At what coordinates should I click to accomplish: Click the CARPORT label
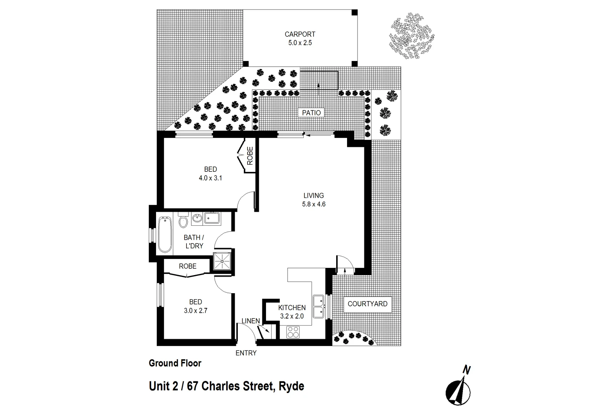300,34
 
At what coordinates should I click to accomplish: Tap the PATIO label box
311,113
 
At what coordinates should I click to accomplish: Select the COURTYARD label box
367,304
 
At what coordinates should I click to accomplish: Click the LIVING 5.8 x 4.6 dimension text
314,204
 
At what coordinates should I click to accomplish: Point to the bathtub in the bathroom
164,234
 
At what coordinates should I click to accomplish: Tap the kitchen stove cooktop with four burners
293,332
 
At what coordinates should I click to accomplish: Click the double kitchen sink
319,306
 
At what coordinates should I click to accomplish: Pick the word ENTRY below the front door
246,353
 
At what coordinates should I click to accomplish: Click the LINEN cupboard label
251,321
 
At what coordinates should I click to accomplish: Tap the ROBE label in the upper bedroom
250,156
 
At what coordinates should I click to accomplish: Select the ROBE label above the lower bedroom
188,266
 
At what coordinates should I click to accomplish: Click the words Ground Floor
175,363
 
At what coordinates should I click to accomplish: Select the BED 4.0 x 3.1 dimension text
210,178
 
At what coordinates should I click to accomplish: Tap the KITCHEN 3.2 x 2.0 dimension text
291,316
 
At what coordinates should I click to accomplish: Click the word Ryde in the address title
291,386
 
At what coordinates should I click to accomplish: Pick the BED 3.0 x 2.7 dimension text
196,311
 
